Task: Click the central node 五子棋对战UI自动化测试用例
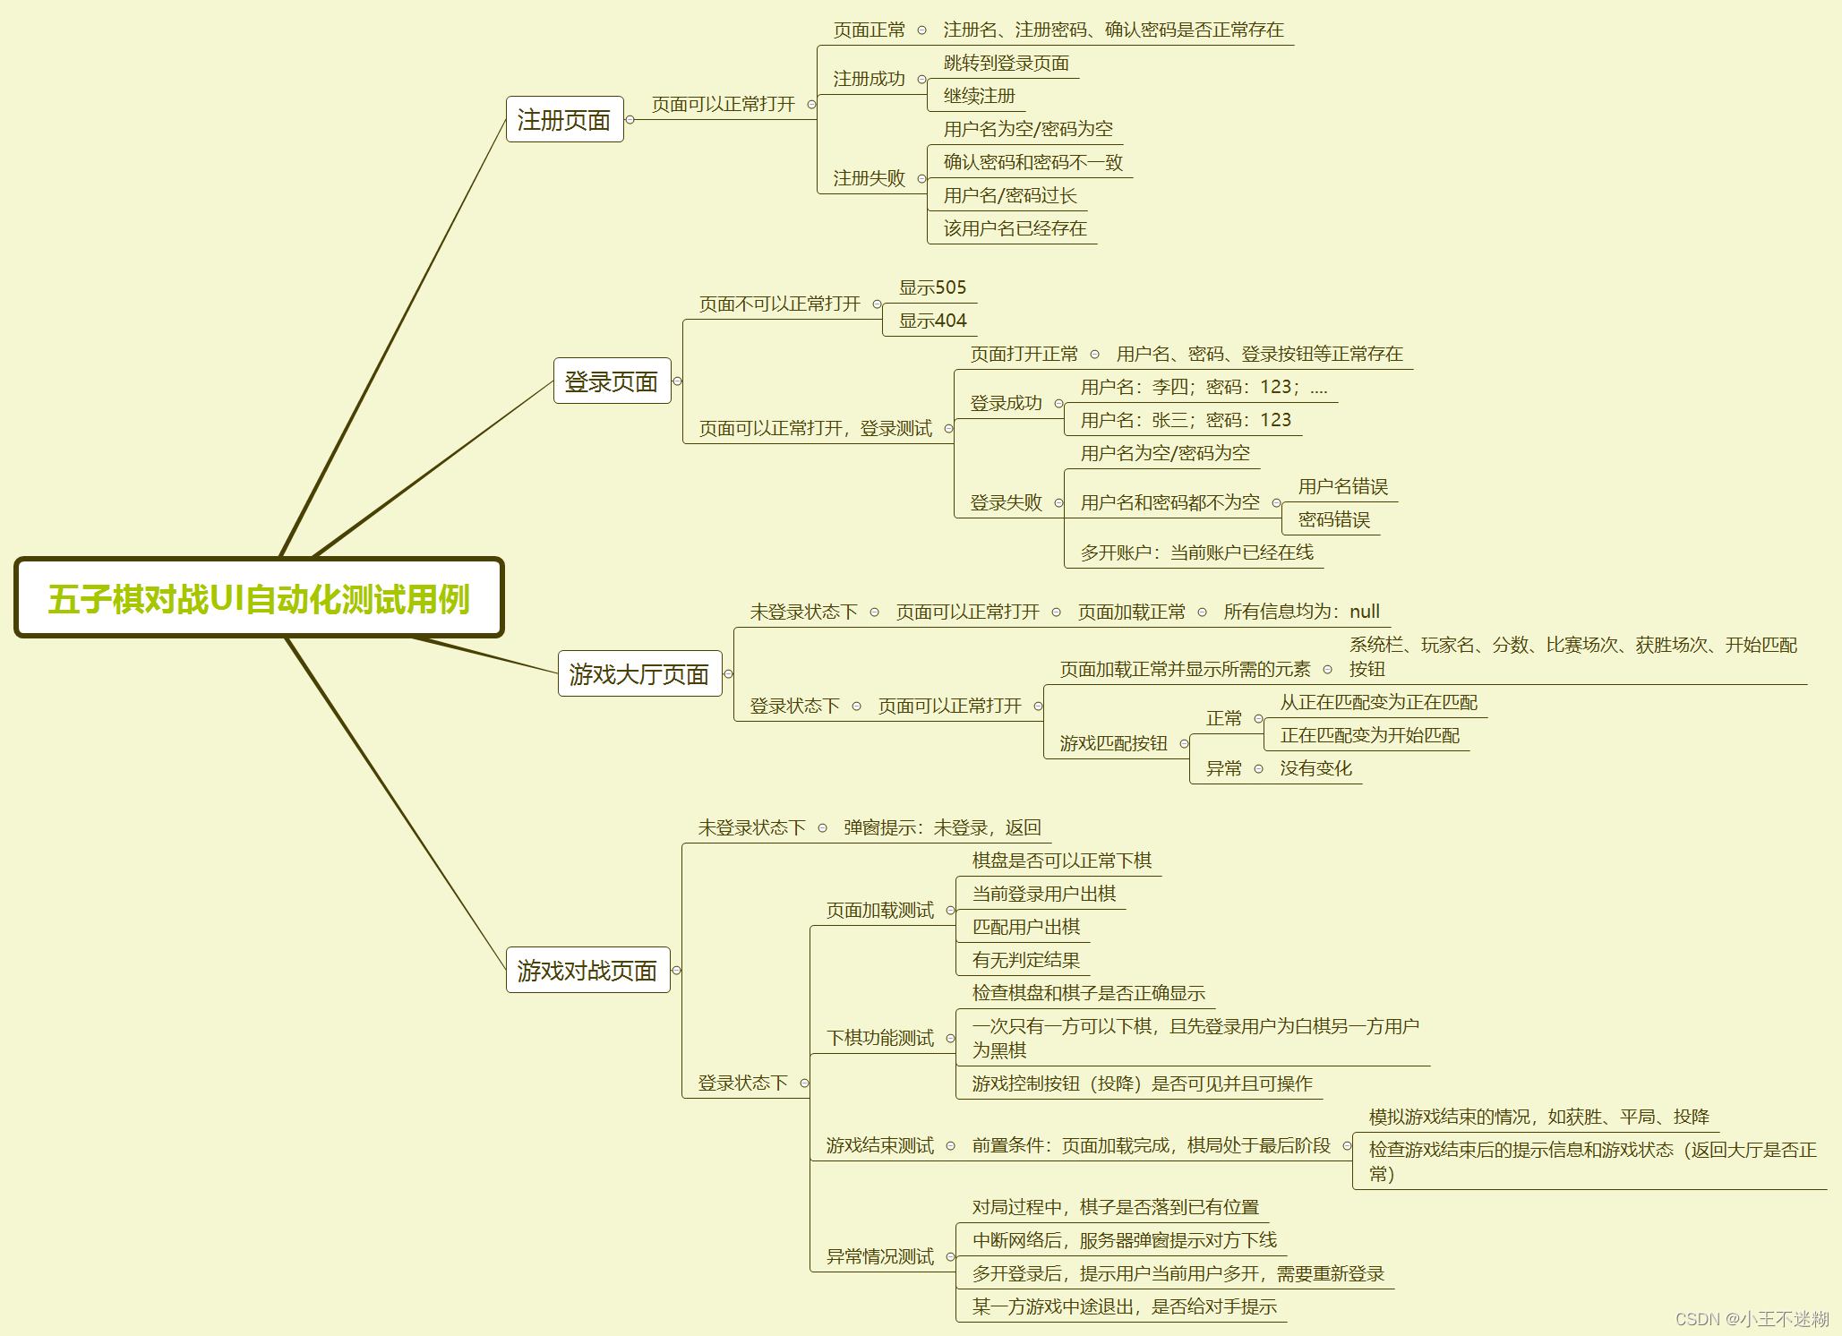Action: point(259,598)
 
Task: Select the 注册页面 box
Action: point(564,119)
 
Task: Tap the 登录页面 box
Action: point(612,381)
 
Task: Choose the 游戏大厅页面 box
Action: point(639,673)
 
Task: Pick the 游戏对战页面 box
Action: point(587,970)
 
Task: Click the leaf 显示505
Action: point(932,287)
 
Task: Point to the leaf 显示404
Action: point(932,321)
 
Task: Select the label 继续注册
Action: point(979,96)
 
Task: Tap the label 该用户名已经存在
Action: point(1015,228)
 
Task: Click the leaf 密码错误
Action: point(1333,519)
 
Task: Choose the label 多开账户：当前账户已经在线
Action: point(1196,552)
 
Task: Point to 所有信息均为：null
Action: point(1301,612)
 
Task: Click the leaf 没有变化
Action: point(1315,768)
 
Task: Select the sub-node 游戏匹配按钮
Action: point(1113,743)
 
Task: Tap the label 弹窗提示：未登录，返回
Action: point(942,827)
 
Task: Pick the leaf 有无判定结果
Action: point(1025,960)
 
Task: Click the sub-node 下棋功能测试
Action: point(879,1038)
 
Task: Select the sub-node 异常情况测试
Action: point(879,1256)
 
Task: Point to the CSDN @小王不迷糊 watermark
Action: point(1752,1318)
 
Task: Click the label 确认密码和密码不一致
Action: point(1032,162)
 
